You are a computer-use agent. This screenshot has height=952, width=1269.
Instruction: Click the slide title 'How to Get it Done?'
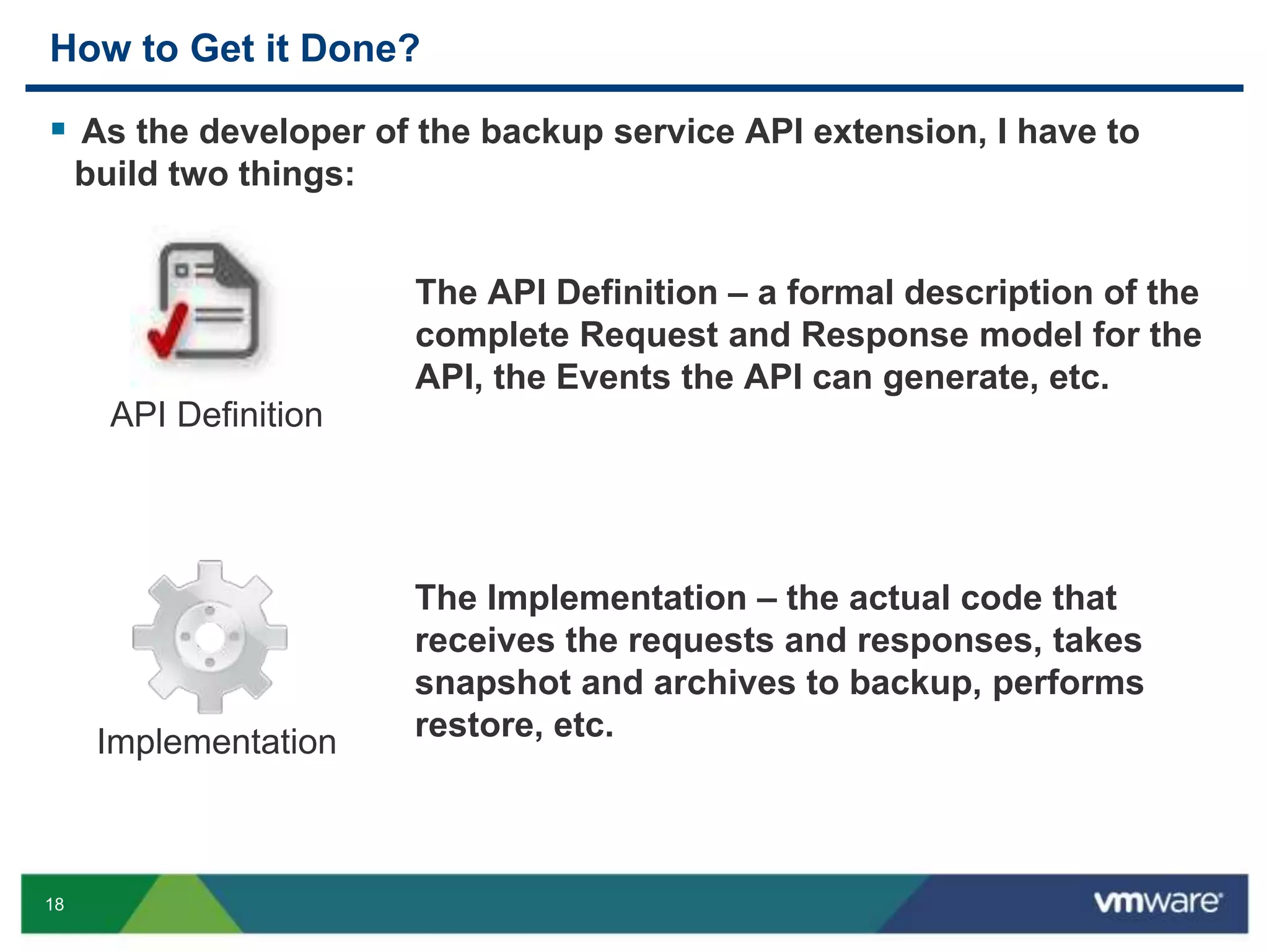click(x=235, y=48)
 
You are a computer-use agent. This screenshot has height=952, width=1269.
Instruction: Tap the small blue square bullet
click(x=59, y=129)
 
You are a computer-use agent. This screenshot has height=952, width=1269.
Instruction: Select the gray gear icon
click(x=209, y=637)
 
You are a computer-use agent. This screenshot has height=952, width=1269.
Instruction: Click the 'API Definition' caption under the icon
click(x=216, y=415)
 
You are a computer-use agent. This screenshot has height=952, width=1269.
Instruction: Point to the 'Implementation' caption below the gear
click(x=216, y=742)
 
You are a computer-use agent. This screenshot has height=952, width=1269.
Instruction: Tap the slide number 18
click(x=55, y=904)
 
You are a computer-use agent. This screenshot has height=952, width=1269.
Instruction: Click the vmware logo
click(x=1157, y=902)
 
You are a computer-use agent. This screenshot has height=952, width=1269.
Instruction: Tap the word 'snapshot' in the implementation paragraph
click(x=493, y=683)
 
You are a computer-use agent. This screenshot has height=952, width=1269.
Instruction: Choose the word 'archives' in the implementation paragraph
click(x=724, y=683)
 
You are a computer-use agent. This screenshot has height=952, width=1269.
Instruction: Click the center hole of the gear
click(x=209, y=637)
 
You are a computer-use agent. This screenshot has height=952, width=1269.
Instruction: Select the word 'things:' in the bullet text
click(x=296, y=174)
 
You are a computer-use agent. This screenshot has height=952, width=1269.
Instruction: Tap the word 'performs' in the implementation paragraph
click(x=1068, y=683)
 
